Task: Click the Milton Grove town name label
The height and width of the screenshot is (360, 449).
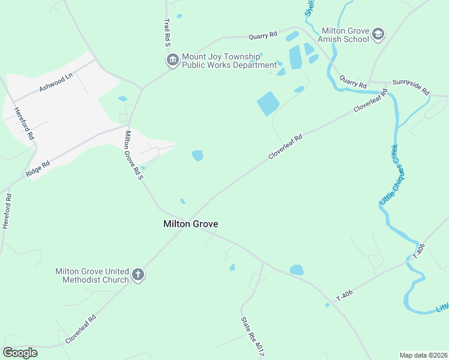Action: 191,224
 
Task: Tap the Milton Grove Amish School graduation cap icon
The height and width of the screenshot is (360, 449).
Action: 378,34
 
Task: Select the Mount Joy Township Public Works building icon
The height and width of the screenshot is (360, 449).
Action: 173,61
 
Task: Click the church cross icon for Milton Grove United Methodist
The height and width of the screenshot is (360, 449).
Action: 138,275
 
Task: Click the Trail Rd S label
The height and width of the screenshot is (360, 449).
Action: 167,32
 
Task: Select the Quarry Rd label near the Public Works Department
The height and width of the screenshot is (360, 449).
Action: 265,35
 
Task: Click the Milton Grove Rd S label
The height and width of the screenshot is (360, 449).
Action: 133,155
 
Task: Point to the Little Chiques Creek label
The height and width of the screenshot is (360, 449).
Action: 393,175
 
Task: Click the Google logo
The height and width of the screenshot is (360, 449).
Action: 20,352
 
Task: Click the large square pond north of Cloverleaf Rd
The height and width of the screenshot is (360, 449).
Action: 268,104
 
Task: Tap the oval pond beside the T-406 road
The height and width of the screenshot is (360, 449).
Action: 297,270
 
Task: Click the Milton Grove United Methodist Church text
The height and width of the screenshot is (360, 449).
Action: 92,275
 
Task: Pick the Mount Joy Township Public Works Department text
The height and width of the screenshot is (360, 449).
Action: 228,61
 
